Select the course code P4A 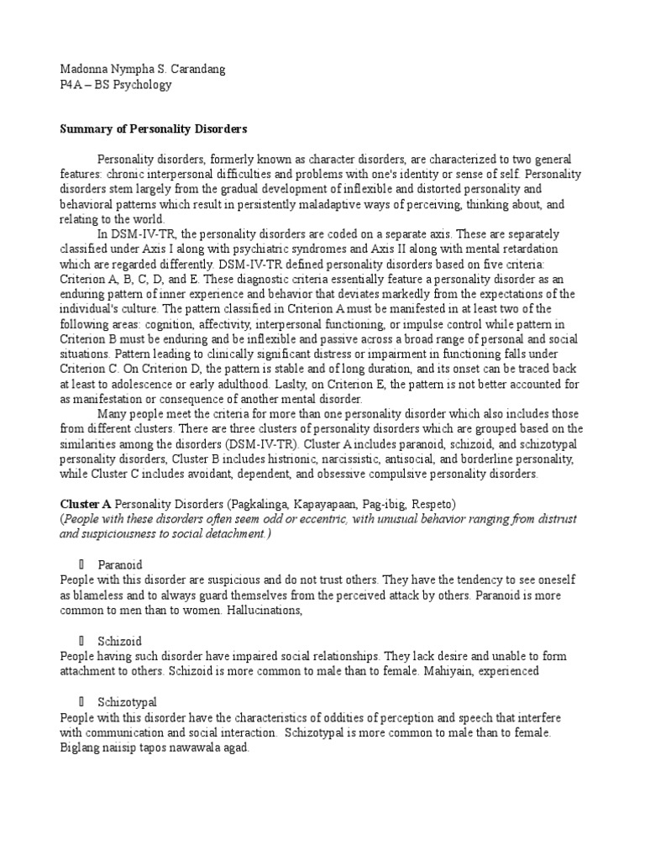[x=71, y=84]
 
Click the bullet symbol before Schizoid [x=82, y=641]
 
